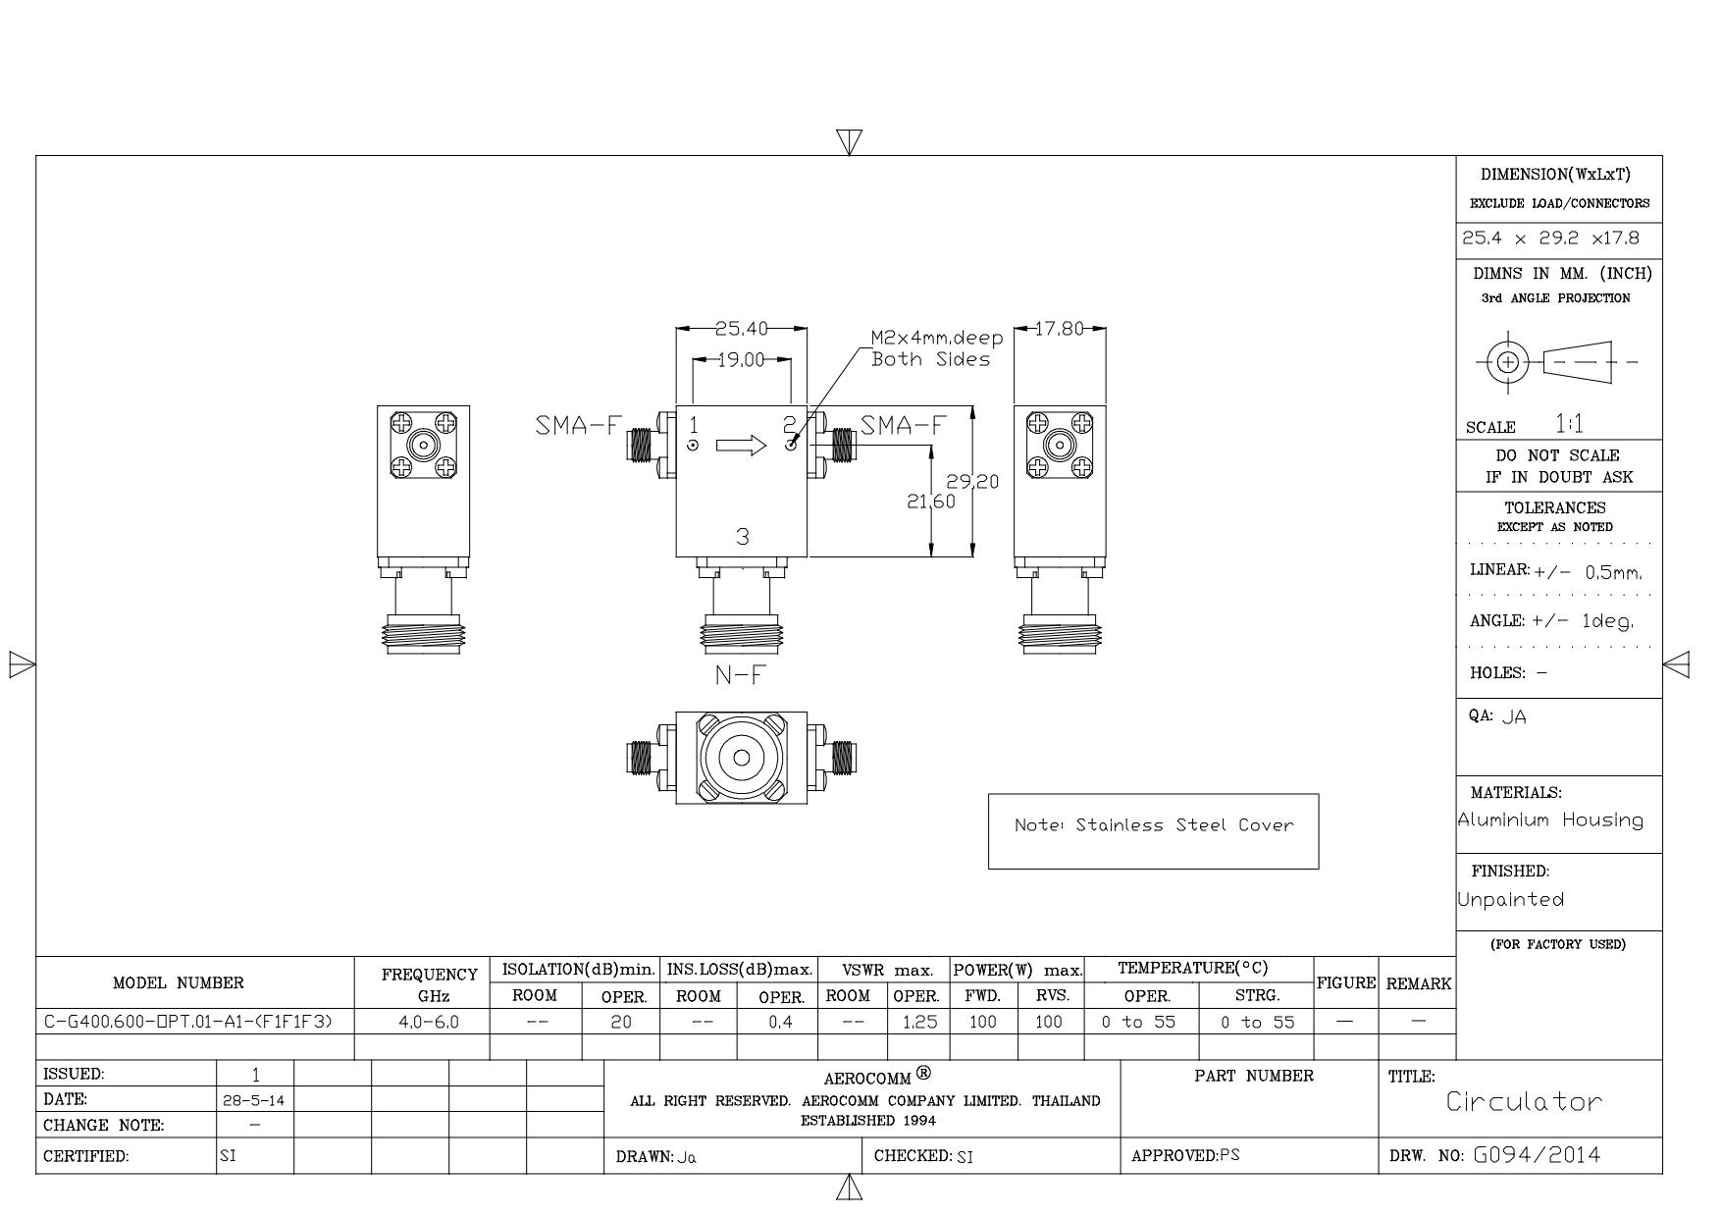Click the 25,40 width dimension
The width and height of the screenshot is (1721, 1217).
[x=741, y=328]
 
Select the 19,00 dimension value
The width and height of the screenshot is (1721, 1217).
[x=741, y=360]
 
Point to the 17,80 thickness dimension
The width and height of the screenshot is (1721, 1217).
[x=1060, y=328]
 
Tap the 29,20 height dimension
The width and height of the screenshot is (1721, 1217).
[x=972, y=481]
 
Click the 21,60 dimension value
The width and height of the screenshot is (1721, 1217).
[x=930, y=502]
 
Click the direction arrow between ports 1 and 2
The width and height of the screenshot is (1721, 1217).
[x=741, y=447]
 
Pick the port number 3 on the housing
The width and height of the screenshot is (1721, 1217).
[x=743, y=537]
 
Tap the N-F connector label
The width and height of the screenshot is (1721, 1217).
[x=741, y=675]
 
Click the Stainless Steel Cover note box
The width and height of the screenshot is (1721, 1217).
[x=1153, y=831]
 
